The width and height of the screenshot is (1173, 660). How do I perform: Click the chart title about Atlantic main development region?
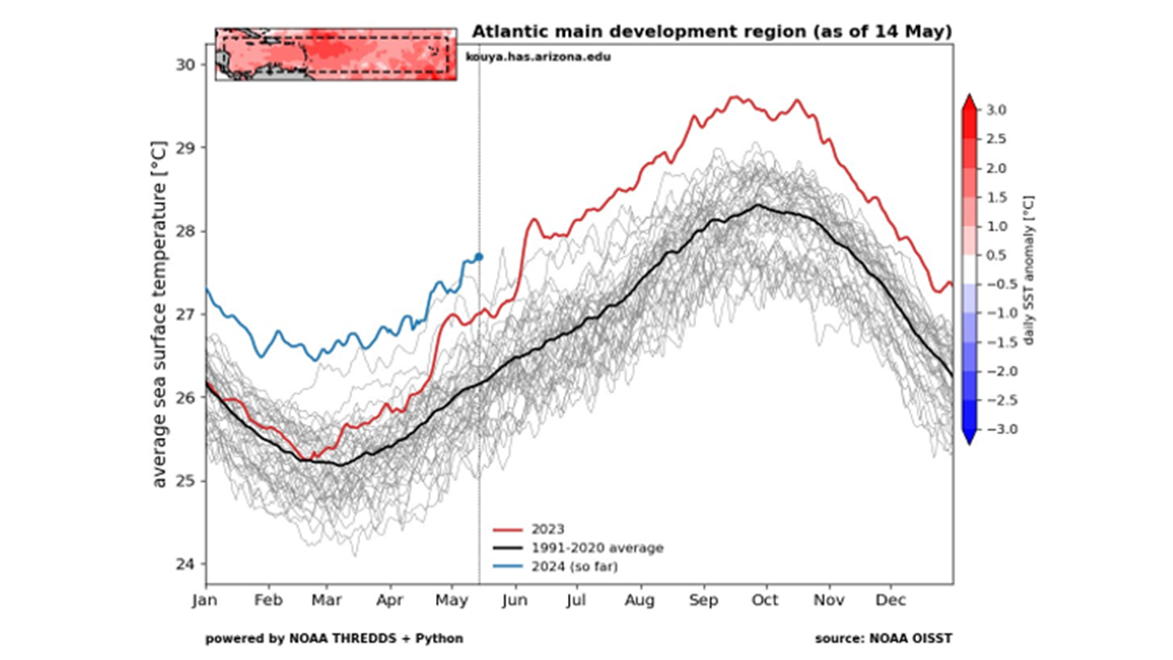click(x=712, y=31)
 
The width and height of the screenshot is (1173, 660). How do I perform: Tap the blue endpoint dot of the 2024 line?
click(x=479, y=256)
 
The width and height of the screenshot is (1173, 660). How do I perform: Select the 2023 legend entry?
click(x=547, y=530)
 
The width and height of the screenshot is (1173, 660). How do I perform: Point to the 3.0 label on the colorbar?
click(x=997, y=109)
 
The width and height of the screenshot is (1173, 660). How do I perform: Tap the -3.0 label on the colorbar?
click(x=995, y=429)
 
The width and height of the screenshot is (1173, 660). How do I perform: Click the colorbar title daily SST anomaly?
click(x=1029, y=269)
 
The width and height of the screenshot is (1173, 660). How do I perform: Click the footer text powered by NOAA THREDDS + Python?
click(x=334, y=638)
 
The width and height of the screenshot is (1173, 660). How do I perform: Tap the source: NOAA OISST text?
click(x=884, y=638)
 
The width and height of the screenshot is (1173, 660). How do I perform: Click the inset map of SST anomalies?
click(x=335, y=54)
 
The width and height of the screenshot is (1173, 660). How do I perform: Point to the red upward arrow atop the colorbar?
click(x=968, y=101)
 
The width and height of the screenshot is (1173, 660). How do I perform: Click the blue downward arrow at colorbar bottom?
click(x=968, y=437)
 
